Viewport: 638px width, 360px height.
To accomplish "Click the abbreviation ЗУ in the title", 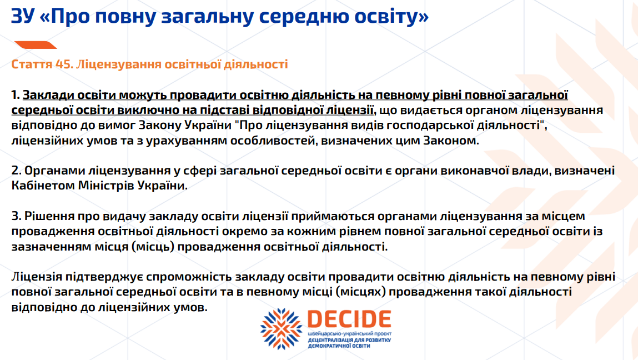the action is (x=22, y=16).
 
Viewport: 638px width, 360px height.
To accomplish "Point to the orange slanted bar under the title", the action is (x=36, y=45).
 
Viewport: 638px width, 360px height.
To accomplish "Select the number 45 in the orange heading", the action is (x=64, y=64).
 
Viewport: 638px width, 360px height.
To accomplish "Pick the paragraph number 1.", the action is (x=16, y=95).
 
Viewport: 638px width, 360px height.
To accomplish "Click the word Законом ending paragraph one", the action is (x=451, y=141).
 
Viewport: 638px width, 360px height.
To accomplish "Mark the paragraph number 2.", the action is (x=16, y=171).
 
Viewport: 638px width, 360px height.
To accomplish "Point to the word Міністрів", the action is (x=106, y=186).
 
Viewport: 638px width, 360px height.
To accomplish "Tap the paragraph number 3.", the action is (x=16, y=216).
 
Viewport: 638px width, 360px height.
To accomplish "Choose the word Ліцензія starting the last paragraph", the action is (x=37, y=277).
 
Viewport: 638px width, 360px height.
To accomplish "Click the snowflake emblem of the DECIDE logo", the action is (x=282, y=329).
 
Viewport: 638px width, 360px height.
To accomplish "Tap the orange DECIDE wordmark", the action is (x=349, y=319).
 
